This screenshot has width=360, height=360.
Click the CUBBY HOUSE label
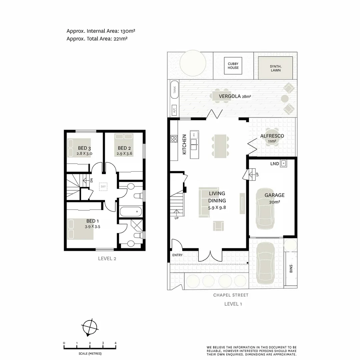point(233,66)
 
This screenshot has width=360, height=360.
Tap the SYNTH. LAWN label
point(275,68)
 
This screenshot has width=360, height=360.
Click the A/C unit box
point(174,110)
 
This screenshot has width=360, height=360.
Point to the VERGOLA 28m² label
point(235,96)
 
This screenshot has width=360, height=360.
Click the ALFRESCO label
point(272,136)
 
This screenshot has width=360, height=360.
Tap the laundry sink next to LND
point(283,164)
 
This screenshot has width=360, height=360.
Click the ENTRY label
point(177,255)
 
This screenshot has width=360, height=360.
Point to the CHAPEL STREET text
point(231,295)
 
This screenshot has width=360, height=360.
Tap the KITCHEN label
point(184,144)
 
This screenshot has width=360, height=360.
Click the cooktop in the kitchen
point(174,139)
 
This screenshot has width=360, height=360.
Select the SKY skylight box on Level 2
point(103,186)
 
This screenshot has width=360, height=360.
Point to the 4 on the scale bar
point(115,343)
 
